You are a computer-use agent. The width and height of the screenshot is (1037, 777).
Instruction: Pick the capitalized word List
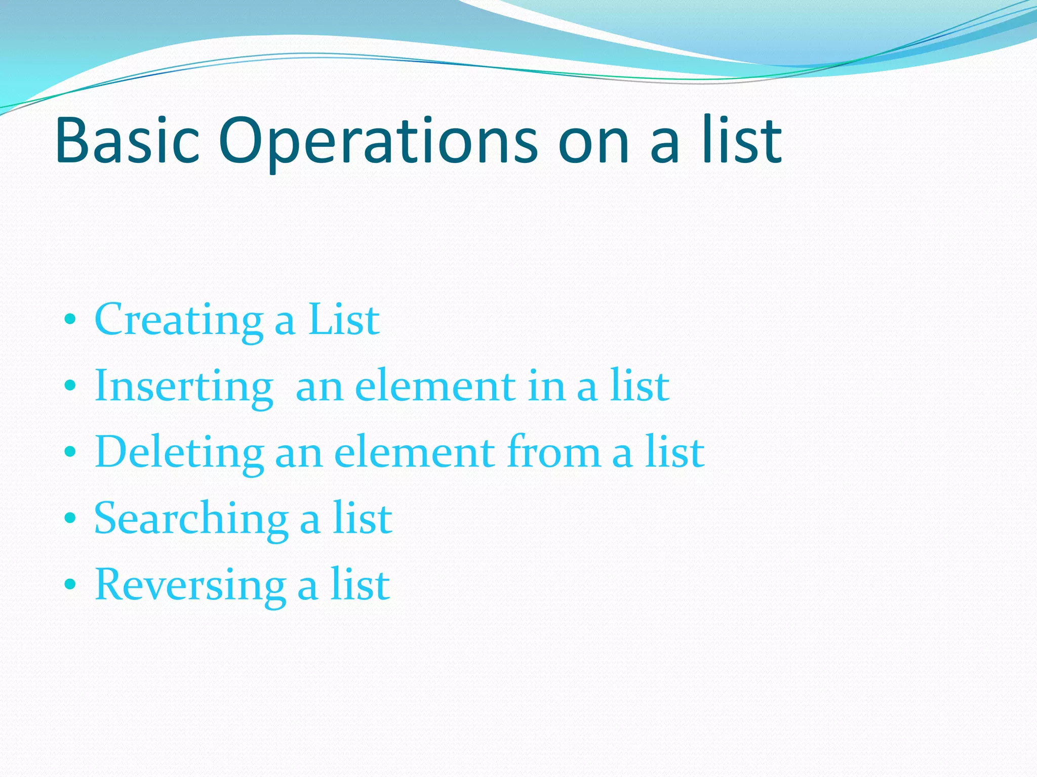click(x=344, y=320)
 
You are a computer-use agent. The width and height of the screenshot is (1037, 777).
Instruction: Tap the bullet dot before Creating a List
click(x=70, y=320)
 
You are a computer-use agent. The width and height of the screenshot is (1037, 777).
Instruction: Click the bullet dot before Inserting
click(x=70, y=386)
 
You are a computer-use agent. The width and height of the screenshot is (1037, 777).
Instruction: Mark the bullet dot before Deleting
click(x=70, y=452)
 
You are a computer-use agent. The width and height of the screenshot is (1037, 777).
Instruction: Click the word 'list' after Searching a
click(x=362, y=519)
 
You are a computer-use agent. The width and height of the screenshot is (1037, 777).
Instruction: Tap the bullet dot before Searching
click(x=70, y=518)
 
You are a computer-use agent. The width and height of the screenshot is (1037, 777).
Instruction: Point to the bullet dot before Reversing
click(x=70, y=584)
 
